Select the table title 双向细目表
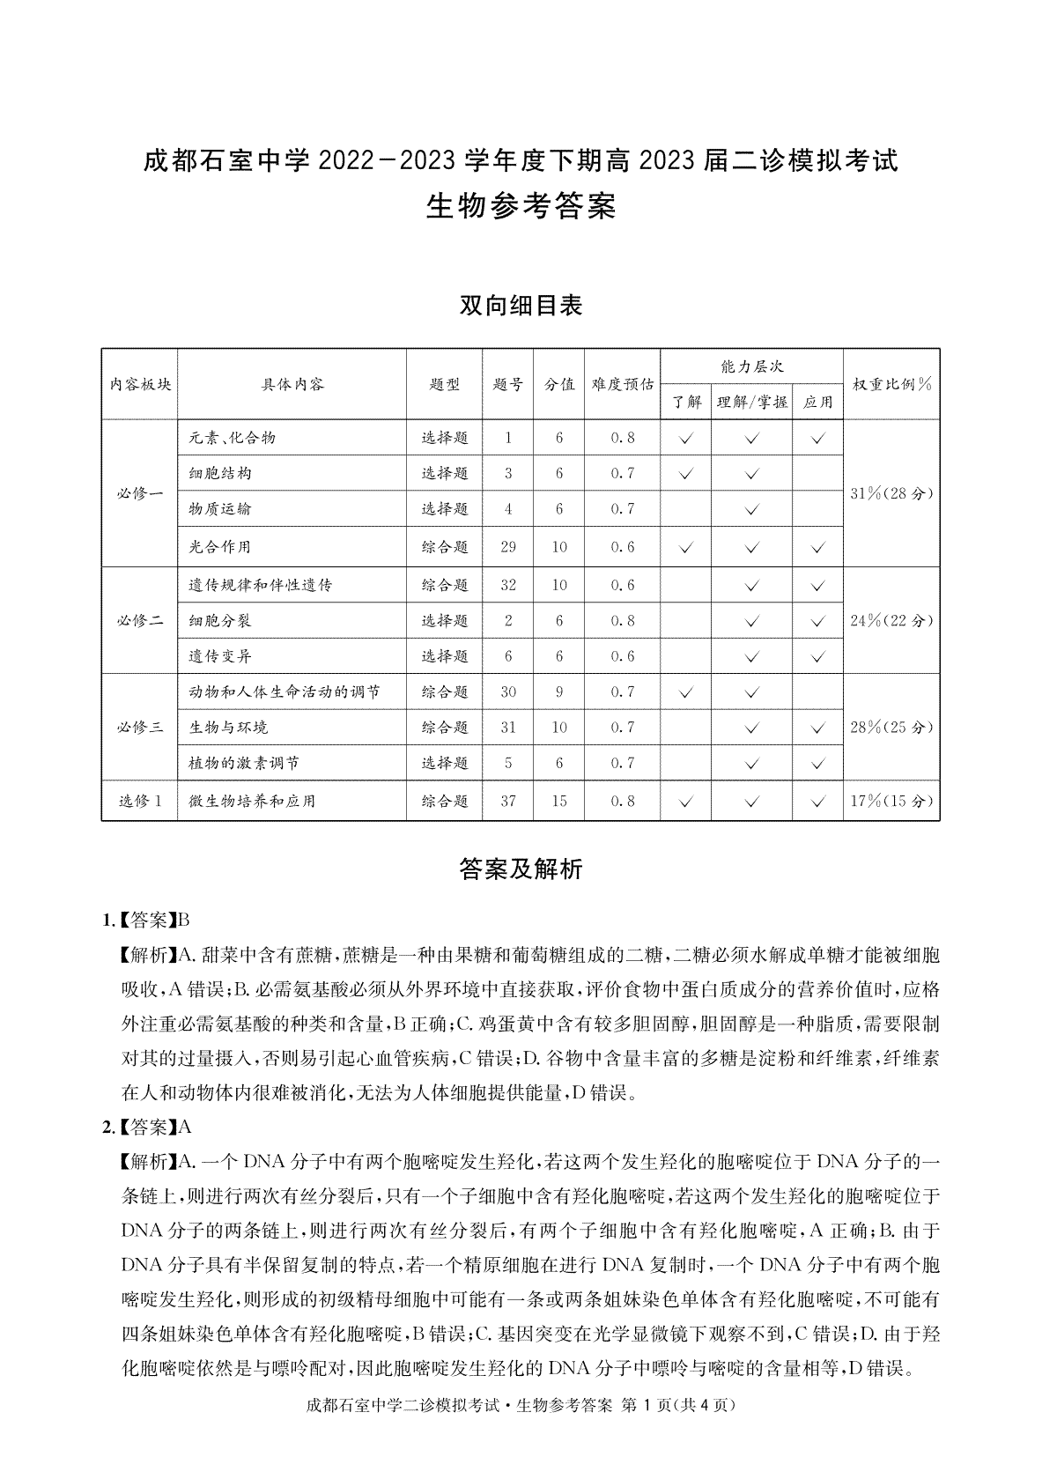click(521, 306)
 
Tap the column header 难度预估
click(622, 384)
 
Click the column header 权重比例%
click(891, 384)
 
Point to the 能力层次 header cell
click(751, 366)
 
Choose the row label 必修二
click(139, 620)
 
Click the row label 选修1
click(139, 801)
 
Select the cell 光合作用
click(220, 547)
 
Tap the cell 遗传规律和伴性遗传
click(261, 585)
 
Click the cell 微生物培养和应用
click(252, 801)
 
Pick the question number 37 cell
click(508, 801)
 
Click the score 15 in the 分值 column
click(559, 801)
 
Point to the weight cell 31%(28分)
click(891, 493)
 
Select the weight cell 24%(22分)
click(891, 620)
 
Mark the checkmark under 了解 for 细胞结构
click(687, 474)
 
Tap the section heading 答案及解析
click(521, 869)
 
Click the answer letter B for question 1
click(184, 921)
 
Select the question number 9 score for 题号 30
click(559, 692)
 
